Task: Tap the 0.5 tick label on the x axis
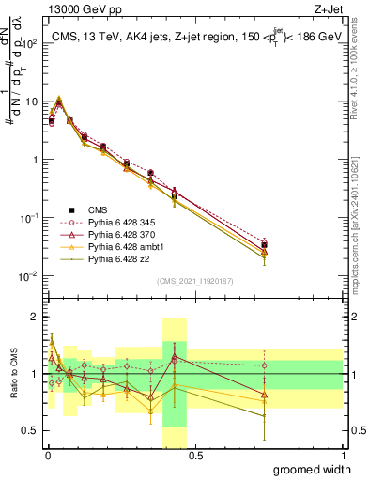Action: point(194,456)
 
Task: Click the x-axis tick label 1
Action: point(343,456)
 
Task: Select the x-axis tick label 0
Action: point(46,456)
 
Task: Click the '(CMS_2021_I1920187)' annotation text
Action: point(194,281)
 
